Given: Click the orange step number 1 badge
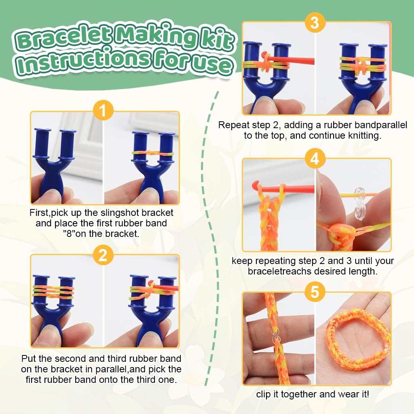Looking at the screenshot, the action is (103, 110).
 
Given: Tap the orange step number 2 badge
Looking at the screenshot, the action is (103, 255).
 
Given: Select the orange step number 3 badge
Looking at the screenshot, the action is (315, 23).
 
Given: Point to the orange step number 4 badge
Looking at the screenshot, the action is (315, 158).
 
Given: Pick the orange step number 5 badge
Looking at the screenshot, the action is (315, 292).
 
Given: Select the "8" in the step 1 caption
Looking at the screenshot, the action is (69, 234).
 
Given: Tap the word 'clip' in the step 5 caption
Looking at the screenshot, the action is (264, 395).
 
